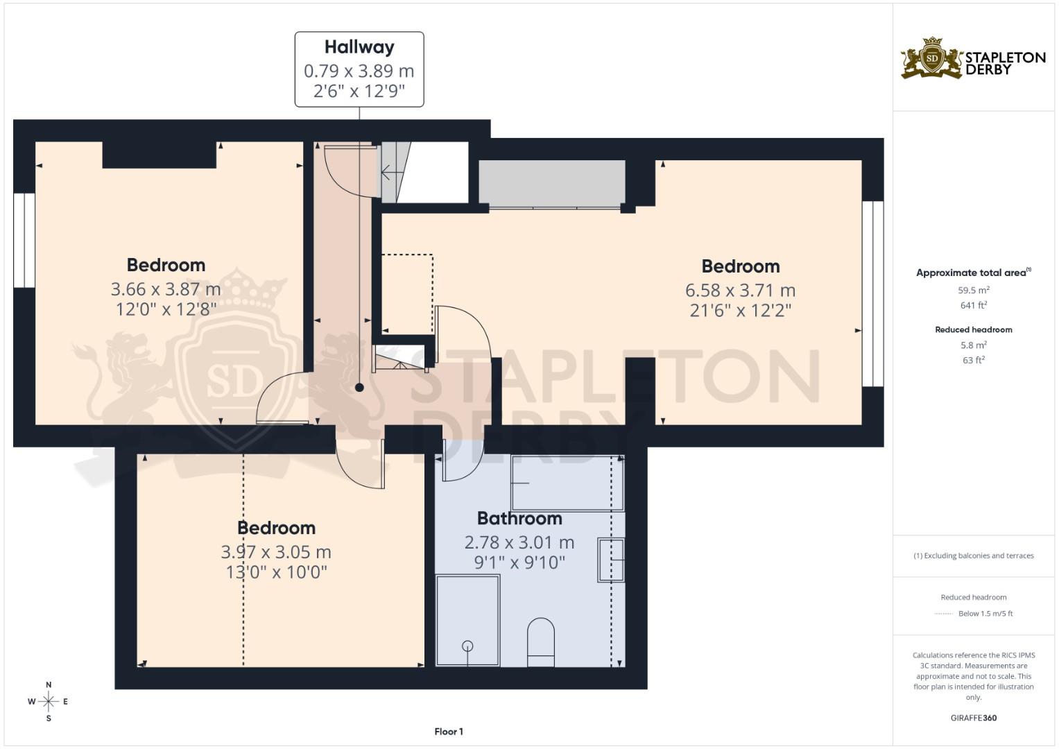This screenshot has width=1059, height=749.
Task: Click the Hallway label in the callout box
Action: click(x=359, y=47)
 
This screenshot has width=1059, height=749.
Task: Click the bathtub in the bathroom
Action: click(x=567, y=483)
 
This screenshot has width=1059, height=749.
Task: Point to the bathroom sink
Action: click(x=611, y=560)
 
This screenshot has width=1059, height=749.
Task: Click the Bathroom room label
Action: click(x=519, y=519)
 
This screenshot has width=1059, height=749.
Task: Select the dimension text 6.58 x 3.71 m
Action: click(x=740, y=290)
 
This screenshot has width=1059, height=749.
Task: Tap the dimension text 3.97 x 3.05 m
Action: click(x=276, y=552)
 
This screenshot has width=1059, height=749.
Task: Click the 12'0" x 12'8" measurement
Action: click(x=166, y=309)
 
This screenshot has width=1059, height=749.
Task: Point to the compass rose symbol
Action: click(x=49, y=702)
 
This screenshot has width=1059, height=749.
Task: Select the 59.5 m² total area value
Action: click(x=973, y=291)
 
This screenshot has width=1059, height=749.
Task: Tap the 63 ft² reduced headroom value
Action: click(x=973, y=360)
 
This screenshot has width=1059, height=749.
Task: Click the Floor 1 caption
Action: click(x=449, y=732)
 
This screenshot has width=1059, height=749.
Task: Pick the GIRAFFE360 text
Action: click(x=973, y=718)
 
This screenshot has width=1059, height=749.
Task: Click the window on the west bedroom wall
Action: click(x=24, y=240)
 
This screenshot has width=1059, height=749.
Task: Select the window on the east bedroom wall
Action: click(x=872, y=293)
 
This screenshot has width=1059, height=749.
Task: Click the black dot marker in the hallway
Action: click(x=359, y=388)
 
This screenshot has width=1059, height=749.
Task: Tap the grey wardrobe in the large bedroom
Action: click(x=552, y=184)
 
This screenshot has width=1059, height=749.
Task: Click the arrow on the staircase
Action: click(x=387, y=172)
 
